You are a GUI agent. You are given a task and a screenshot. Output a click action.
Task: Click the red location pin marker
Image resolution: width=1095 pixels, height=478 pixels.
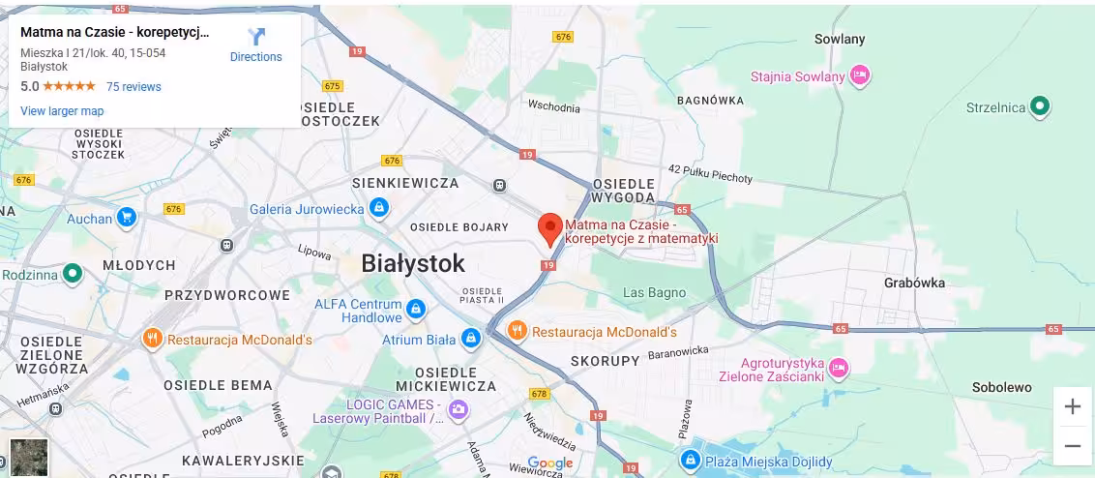click(x=549, y=228)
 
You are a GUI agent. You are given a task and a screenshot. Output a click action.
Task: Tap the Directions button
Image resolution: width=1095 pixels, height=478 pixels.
click(x=255, y=45)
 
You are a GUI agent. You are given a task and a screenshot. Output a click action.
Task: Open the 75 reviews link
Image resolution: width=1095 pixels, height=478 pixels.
click(x=133, y=87)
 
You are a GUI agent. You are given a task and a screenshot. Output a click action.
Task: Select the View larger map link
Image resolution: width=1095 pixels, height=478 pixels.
click(x=62, y=111)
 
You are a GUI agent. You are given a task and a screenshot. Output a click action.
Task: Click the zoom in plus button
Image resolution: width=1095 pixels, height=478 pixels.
click(x=1072, y=406)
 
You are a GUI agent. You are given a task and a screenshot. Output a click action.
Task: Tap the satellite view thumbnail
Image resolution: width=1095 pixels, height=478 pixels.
click(x=28, y=457)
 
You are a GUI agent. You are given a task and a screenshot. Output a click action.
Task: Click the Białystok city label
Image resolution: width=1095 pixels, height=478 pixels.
click(x=413, y=263)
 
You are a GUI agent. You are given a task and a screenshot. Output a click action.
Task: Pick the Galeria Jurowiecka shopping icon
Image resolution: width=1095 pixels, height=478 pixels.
click(x=380, y=208)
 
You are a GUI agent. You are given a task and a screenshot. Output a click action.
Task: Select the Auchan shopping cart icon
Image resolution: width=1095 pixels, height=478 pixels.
click(x=127, y=219)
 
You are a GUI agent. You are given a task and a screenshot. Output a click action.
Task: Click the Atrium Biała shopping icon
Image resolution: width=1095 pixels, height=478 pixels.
click(x=471, y=340)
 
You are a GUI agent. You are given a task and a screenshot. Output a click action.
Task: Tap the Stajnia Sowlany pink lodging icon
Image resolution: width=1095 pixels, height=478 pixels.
click(x=860, y=75)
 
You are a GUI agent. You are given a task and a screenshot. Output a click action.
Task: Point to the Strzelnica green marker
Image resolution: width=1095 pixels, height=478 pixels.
click(x=1040, y=107)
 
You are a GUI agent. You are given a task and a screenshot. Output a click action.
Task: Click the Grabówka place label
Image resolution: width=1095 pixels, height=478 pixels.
click(x=914, y=284)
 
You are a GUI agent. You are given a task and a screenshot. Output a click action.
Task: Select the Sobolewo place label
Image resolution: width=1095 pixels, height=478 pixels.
click(x=1002, y=387)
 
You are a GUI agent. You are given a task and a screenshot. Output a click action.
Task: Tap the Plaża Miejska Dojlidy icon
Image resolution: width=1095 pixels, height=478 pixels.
click(x=690, y=461)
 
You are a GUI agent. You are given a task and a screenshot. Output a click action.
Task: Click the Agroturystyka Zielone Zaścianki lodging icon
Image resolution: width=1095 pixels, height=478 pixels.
click(x=838, y=367)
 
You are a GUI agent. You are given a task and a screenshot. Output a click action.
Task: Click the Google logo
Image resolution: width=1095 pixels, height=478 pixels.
click(x=550, y=463)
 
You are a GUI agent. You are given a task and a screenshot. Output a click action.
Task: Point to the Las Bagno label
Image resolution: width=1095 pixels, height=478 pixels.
click(x=654, y=292)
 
